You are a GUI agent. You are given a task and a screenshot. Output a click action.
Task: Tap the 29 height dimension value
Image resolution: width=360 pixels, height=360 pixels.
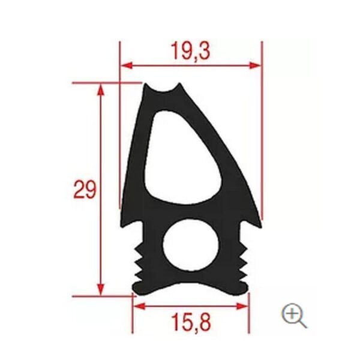click(x=85, y=190)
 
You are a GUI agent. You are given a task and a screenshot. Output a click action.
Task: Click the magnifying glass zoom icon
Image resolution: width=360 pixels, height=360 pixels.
click(x=294, y=314)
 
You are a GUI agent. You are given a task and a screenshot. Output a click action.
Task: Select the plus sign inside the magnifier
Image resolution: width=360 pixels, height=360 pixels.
click(x=292, y=312)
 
